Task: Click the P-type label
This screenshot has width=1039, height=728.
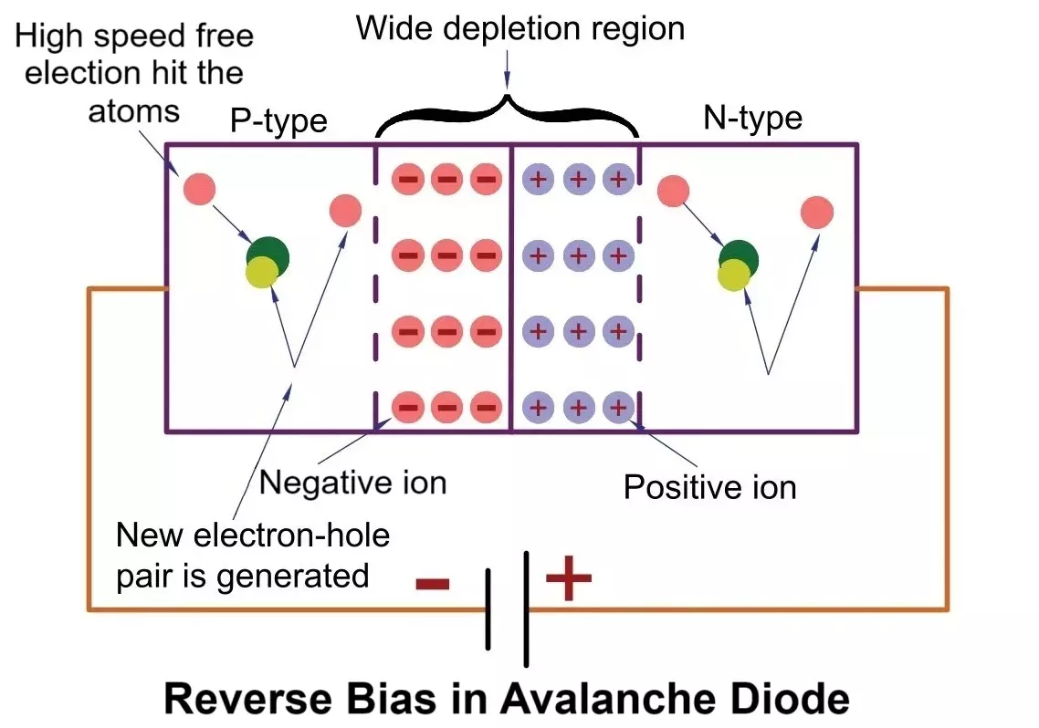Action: pos(279,121)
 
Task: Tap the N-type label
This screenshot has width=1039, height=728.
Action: pos(752,118)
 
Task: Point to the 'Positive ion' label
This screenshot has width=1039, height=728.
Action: pos(709,487)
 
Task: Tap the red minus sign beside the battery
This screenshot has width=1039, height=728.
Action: pos(433,584)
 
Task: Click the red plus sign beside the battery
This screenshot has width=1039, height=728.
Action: pos(569,578)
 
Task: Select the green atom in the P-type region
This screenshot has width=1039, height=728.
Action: pos(268,256)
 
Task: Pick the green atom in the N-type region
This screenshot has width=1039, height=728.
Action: pos(739,258)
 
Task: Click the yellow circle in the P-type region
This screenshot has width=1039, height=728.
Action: pos(262,272)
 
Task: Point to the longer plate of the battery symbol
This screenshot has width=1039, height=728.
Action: pos(526,608)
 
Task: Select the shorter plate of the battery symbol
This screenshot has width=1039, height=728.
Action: pos(488,608)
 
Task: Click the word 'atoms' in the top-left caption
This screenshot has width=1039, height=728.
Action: pos(134,111)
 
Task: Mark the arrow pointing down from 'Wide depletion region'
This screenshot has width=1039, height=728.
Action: pos(508,68)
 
